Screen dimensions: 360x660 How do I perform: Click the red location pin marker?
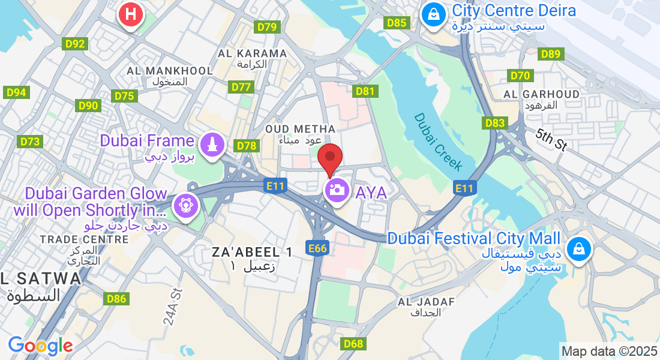point(329,158)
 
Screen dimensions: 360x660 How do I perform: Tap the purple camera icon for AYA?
point(337,191)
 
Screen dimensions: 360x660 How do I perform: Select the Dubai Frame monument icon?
point(211,144)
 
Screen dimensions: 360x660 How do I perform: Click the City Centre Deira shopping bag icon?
point(433,13)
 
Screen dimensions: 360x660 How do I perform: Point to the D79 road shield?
point(267,27)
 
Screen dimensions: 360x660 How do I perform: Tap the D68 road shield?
point(354,344)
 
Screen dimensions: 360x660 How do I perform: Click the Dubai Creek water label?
point(439,142)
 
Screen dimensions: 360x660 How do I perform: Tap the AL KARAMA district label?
point(252,53)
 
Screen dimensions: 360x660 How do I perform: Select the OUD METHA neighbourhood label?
point(300,129)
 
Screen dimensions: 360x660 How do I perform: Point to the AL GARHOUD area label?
point(541,94)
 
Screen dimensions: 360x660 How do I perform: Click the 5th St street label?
point(551,139)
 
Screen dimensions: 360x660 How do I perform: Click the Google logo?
point(40,346)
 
